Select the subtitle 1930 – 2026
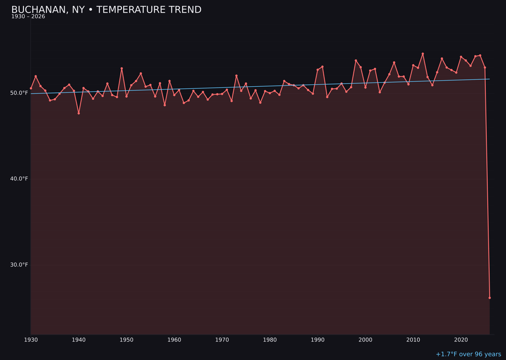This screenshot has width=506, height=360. click(x=28, y=17)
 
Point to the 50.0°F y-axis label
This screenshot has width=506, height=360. click(x=19, y=93)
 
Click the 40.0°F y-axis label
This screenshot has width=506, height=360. click(x=19, y=179)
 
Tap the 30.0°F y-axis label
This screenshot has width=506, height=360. click(x=19, y=265)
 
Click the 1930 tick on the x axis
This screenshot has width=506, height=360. click(x=31, y=340)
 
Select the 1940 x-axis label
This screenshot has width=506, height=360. click(x=79, y=340)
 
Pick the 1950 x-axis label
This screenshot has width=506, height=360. click(x=126, y=340)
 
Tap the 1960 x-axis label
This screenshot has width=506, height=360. click(x=174, y=340)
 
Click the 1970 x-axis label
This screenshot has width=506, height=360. click(x=222, y=340)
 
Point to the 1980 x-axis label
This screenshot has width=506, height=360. click(x=270, y=340)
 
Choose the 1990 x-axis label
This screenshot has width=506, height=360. click(x=318, y=340)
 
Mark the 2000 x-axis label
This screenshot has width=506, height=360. click(x=365, y=340)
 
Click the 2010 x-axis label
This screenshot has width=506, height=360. click(x=413, y=340)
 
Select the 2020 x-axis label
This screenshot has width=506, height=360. click(x=461, y=340)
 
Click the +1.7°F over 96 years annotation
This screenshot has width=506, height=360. click(x=468, y=354)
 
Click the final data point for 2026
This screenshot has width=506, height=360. click(x=490, y=298)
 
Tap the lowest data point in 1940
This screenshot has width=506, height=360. click(x=79, y=113)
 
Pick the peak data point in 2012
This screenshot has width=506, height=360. click(x=423, y=54)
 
